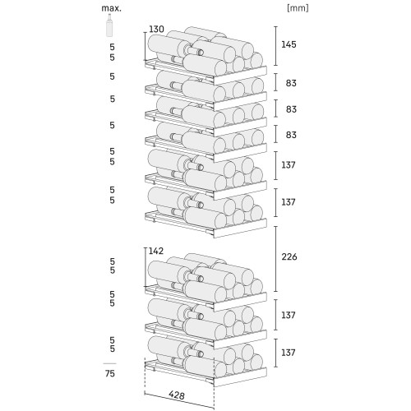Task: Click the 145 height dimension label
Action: pyautogui.click(x=289, y=44)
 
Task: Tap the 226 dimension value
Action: pyautogui.click(x=289, y=256)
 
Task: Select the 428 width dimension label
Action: pyautogui.click(x=177, y=395)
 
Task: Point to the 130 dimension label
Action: pyautogui.click(x=156, y=29)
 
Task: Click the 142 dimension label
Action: pyautogui.click(x=156, y=251)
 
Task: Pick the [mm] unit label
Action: pyautogui.click(x=298, y=8)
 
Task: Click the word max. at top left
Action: pyautogui.click(x=111, y=8)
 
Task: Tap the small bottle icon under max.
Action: pyautogui.click(x=109, y=25)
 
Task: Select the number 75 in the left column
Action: pyautogui.click(x=110, y=373)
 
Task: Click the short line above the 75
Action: pyautogui.click(x=109, y=363)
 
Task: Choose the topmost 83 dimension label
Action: pyautogui.click(x=291, y=83)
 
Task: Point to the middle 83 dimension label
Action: pyautogui.click(x=291, y=109)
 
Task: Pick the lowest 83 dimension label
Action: pyautogui.click(x=291, y=135)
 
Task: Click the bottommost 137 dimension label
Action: pyautogui.click(x=289, y=353)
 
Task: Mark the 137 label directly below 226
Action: pyautogui.click(x=289, y=315)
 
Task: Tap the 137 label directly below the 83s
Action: pyautogui.click(x=289, y=165)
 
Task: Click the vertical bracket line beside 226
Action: pyautogui.click(x=275, y=259)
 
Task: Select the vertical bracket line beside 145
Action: pyautogui.click(x=275, y=46)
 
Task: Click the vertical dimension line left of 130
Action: pyautogui.click(x=145, y=46)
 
